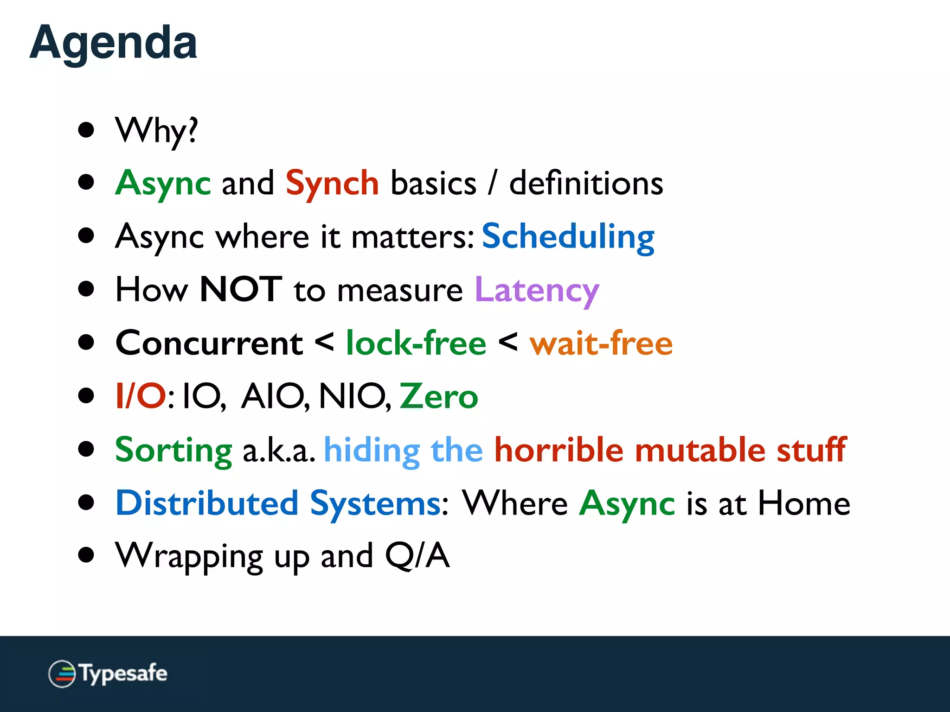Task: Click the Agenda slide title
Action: [x=113, y=43]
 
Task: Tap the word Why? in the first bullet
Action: [x=156, y=131]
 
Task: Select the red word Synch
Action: [x=332, y=184]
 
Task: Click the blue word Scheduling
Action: [x=568, y=237]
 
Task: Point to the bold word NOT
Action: [x=241, y=290]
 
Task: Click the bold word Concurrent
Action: [x=209, y=343]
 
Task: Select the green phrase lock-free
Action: [x=416, y=343]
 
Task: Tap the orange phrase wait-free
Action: [x=601, y=343]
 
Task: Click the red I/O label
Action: [x=141, y=397]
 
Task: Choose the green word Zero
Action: [x=438, y=397]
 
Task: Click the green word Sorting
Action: [x=173, y=450]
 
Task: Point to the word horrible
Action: [x=558, y=450]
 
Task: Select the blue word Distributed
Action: [x=207, y=503]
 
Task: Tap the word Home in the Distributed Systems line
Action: [x=804, y=503]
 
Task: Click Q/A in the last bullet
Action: [x=417, y=555]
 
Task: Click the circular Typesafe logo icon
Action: [x=62, y=674]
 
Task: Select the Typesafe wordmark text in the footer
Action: [x=123, y=674]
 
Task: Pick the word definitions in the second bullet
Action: [x=586, y=184]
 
